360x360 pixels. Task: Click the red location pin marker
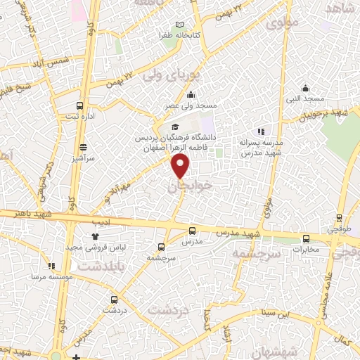[x=181, y=166]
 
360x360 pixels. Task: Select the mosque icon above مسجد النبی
[x=305, y=88]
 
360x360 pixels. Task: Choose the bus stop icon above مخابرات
[x=306, y=238]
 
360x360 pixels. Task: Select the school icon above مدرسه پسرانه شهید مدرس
[x=261, y=131]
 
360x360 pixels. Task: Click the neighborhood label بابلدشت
[x=98, y=268]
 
